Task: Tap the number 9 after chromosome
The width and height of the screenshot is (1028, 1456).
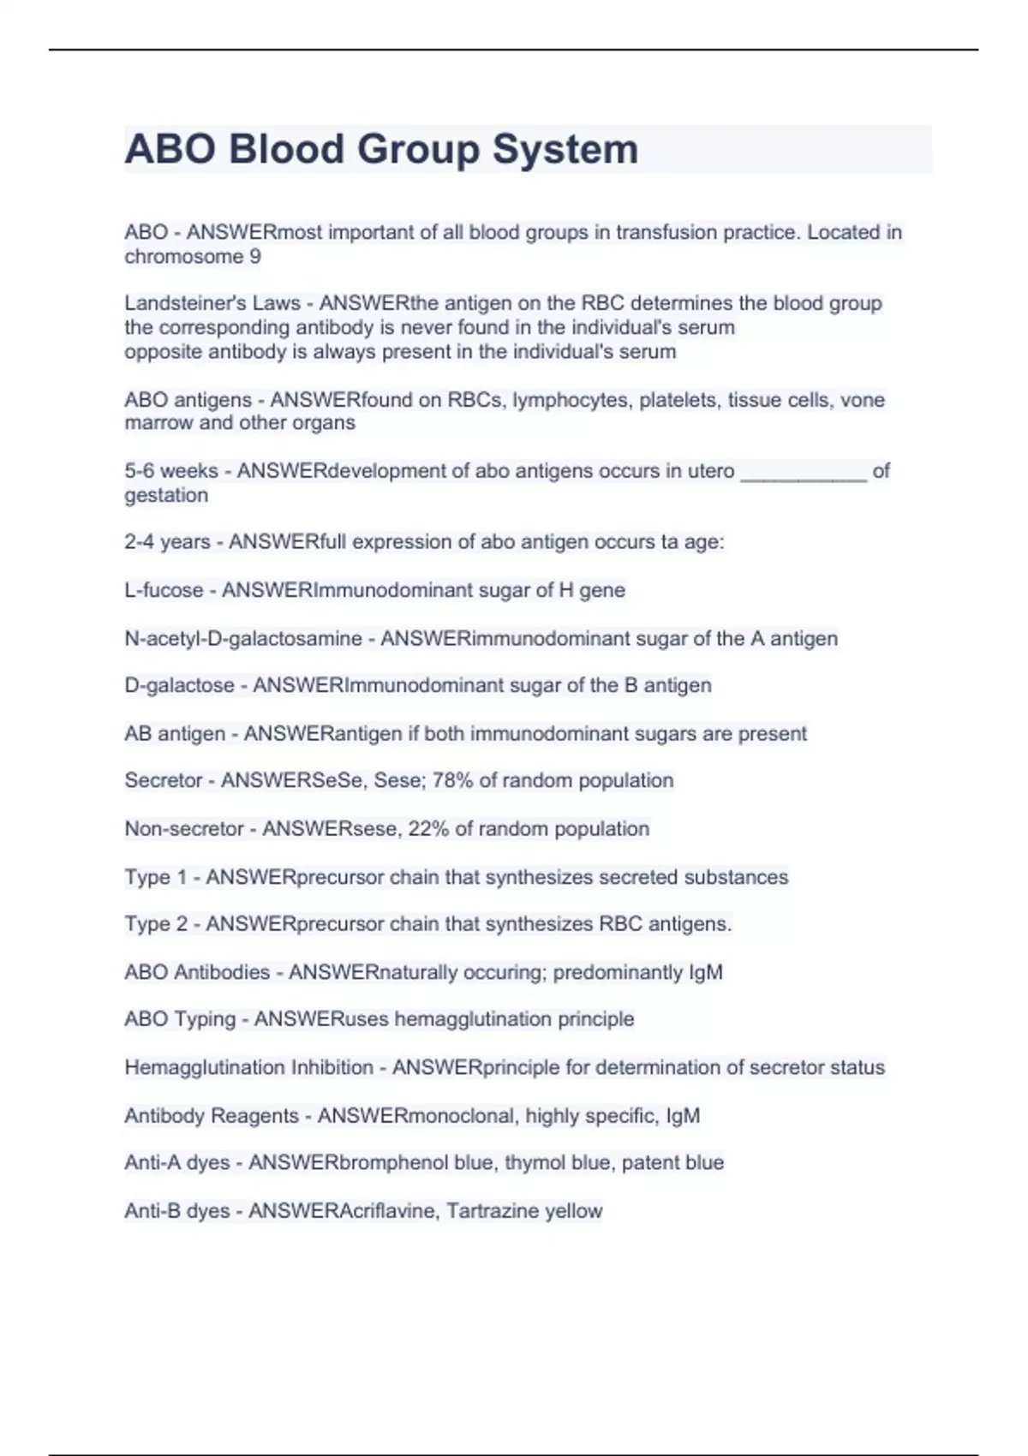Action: tap(254, 256)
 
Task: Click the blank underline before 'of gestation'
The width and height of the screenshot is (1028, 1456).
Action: tap(803, 472)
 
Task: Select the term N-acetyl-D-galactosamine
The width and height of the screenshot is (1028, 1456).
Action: tap(242, 638)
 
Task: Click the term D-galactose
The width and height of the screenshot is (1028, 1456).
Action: tap(179, 685)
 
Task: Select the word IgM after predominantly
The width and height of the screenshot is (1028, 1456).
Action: tap(705, 972)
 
